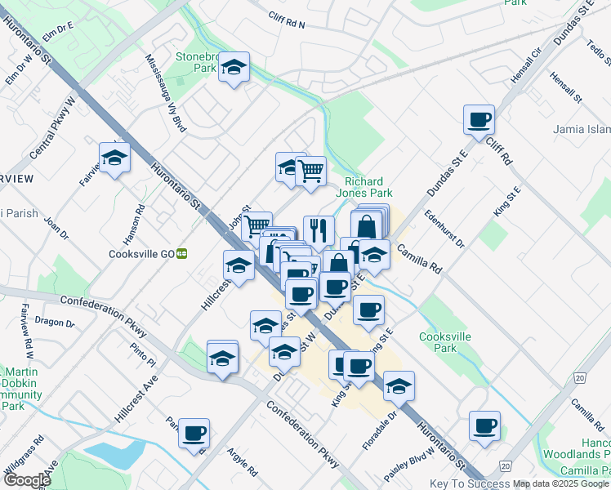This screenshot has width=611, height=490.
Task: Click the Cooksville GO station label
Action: pos(141,254)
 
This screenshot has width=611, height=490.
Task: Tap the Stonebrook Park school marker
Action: pos(234,68)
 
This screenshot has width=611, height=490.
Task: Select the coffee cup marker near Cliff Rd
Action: pos(479,120)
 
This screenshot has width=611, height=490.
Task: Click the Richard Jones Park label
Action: pos(368,187)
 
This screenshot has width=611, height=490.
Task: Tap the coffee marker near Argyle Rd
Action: pos(194,434)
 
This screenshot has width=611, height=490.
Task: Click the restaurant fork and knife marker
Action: pos(319,230)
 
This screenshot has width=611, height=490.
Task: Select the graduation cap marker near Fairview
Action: pos(115,158)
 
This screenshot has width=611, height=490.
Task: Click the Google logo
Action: pos(27,480)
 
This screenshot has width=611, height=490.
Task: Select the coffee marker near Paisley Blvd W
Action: pos(484,426)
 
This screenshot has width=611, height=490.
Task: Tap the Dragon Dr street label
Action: pos(55,323)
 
